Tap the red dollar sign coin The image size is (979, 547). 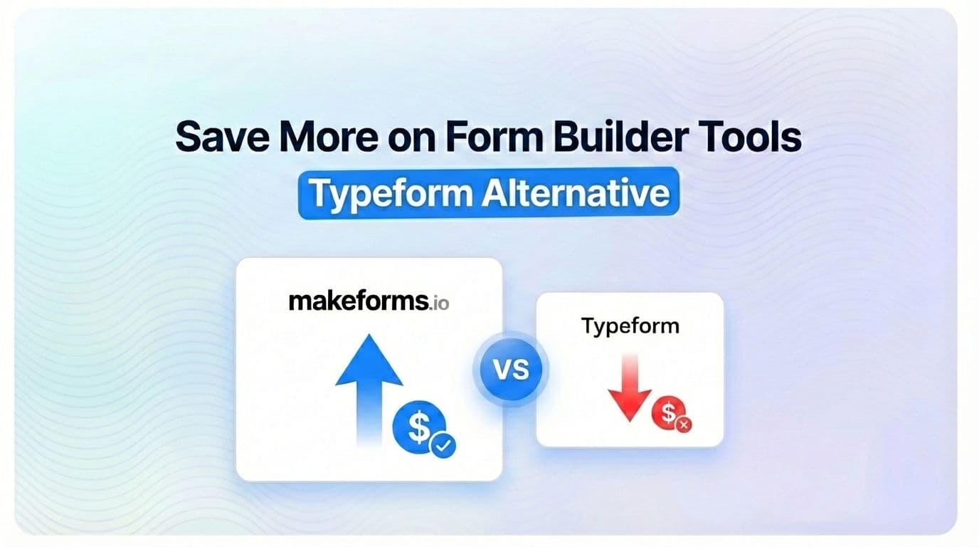pos(669,413)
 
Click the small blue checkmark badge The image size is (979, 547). pos(443,445)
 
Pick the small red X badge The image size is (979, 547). pos(684,425)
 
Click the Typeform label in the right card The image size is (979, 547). pos(630,326)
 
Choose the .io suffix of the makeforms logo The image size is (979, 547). pos(439,303)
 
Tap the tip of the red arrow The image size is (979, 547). pos(630,421)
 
